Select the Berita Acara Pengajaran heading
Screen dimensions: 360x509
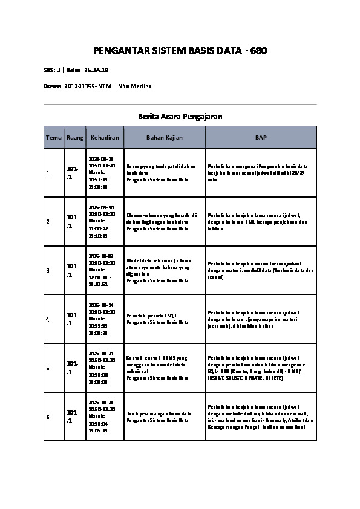coord(180,115)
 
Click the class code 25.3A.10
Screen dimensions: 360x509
coord(97,70)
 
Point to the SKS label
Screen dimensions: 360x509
coord(48,70)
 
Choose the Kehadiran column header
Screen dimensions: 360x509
coord(105,138)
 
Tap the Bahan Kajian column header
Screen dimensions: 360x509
coord(165,138)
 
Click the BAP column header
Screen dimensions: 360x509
coord(261,138)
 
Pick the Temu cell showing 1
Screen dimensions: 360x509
coord(47,173)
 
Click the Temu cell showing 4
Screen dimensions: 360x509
coord(47,319)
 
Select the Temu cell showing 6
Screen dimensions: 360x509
coord(47,417)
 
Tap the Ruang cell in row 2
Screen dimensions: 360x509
coord(73,221)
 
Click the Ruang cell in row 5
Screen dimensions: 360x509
coord(73,368)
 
